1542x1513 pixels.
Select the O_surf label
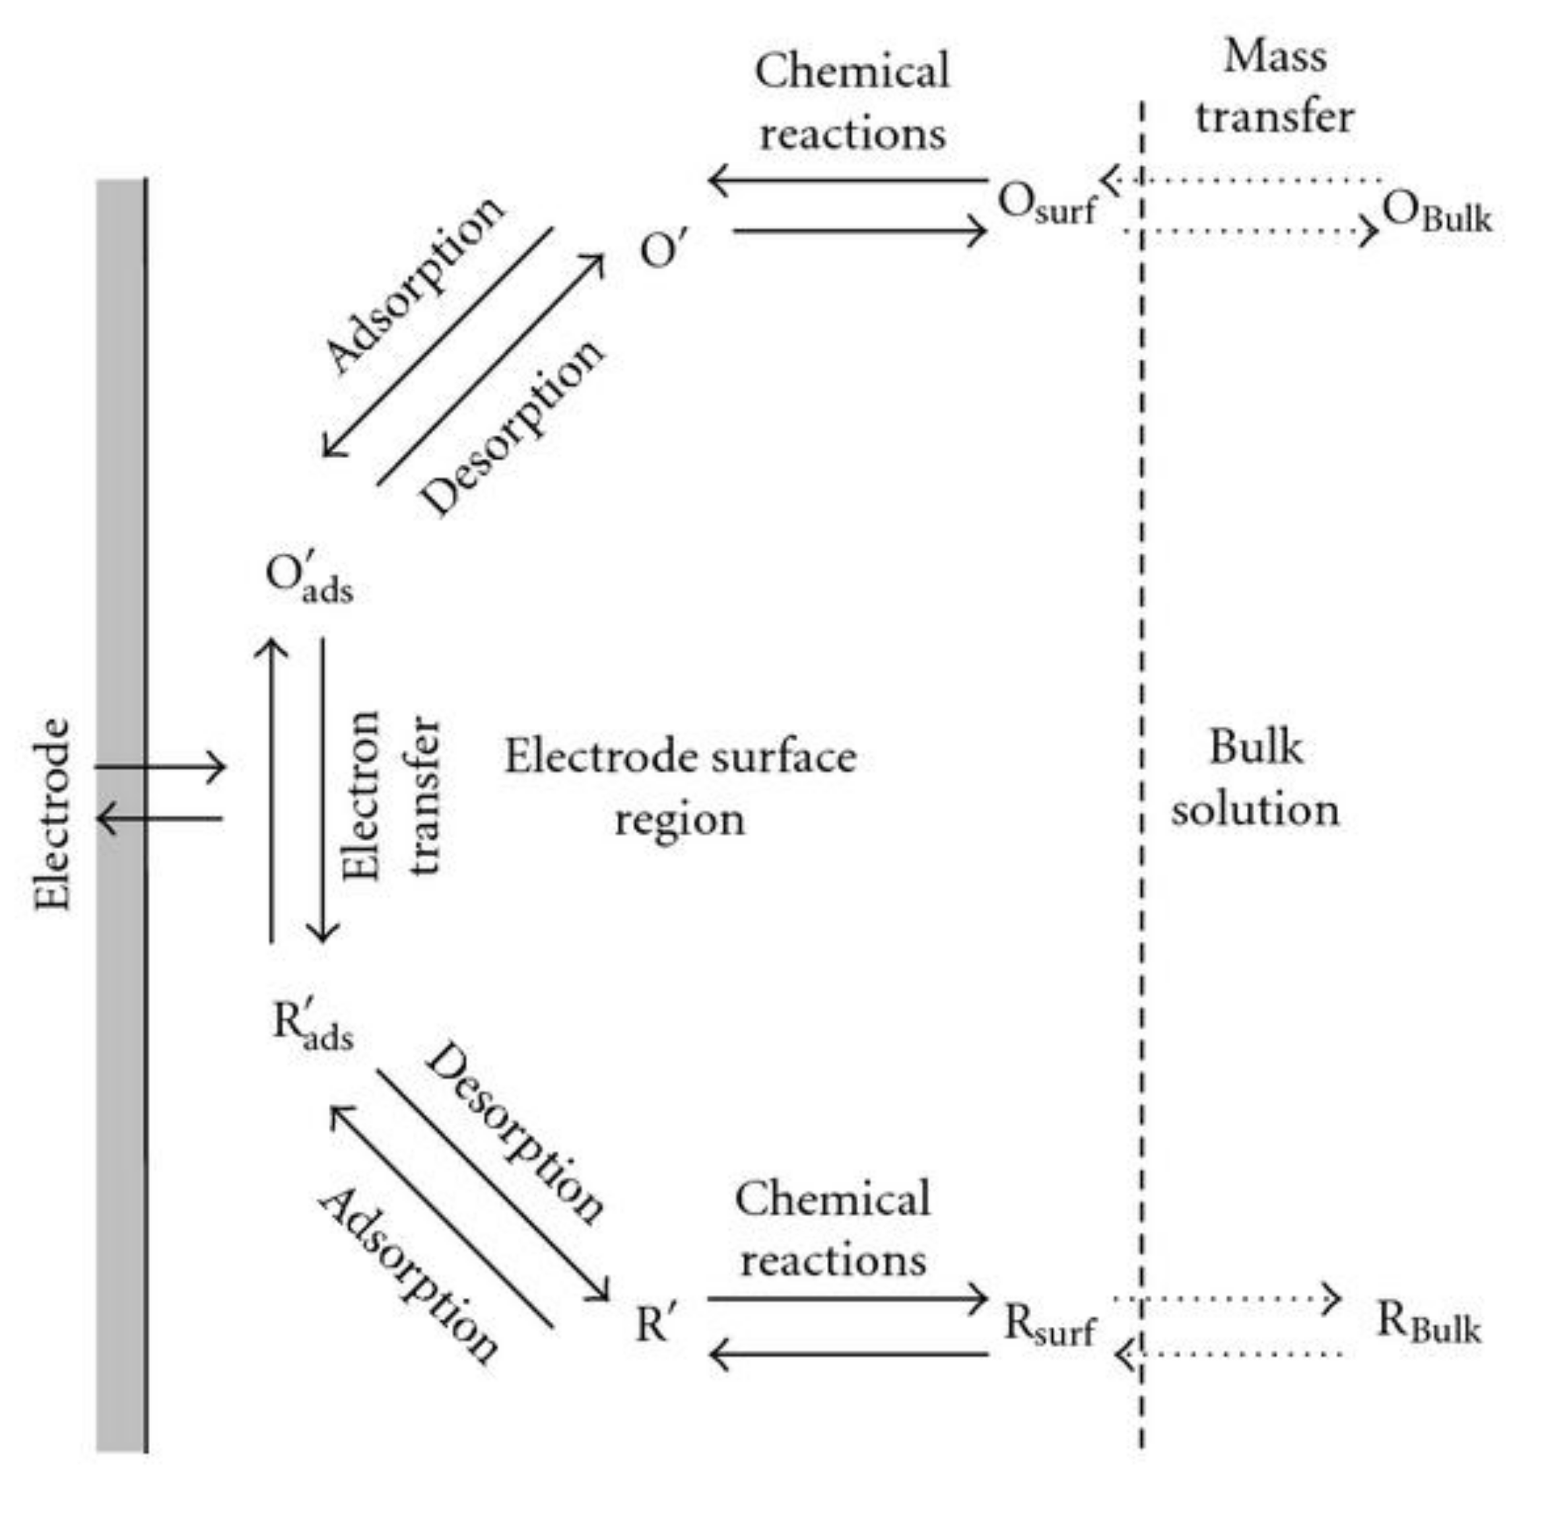tap(1046, 203)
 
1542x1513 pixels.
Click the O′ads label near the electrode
tap(308, 578)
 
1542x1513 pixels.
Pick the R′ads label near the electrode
tap(312, 1026)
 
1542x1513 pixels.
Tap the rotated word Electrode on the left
tap(52, 814)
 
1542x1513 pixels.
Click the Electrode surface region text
tap(680, 787)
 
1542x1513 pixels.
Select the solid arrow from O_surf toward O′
tap(847, 181)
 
